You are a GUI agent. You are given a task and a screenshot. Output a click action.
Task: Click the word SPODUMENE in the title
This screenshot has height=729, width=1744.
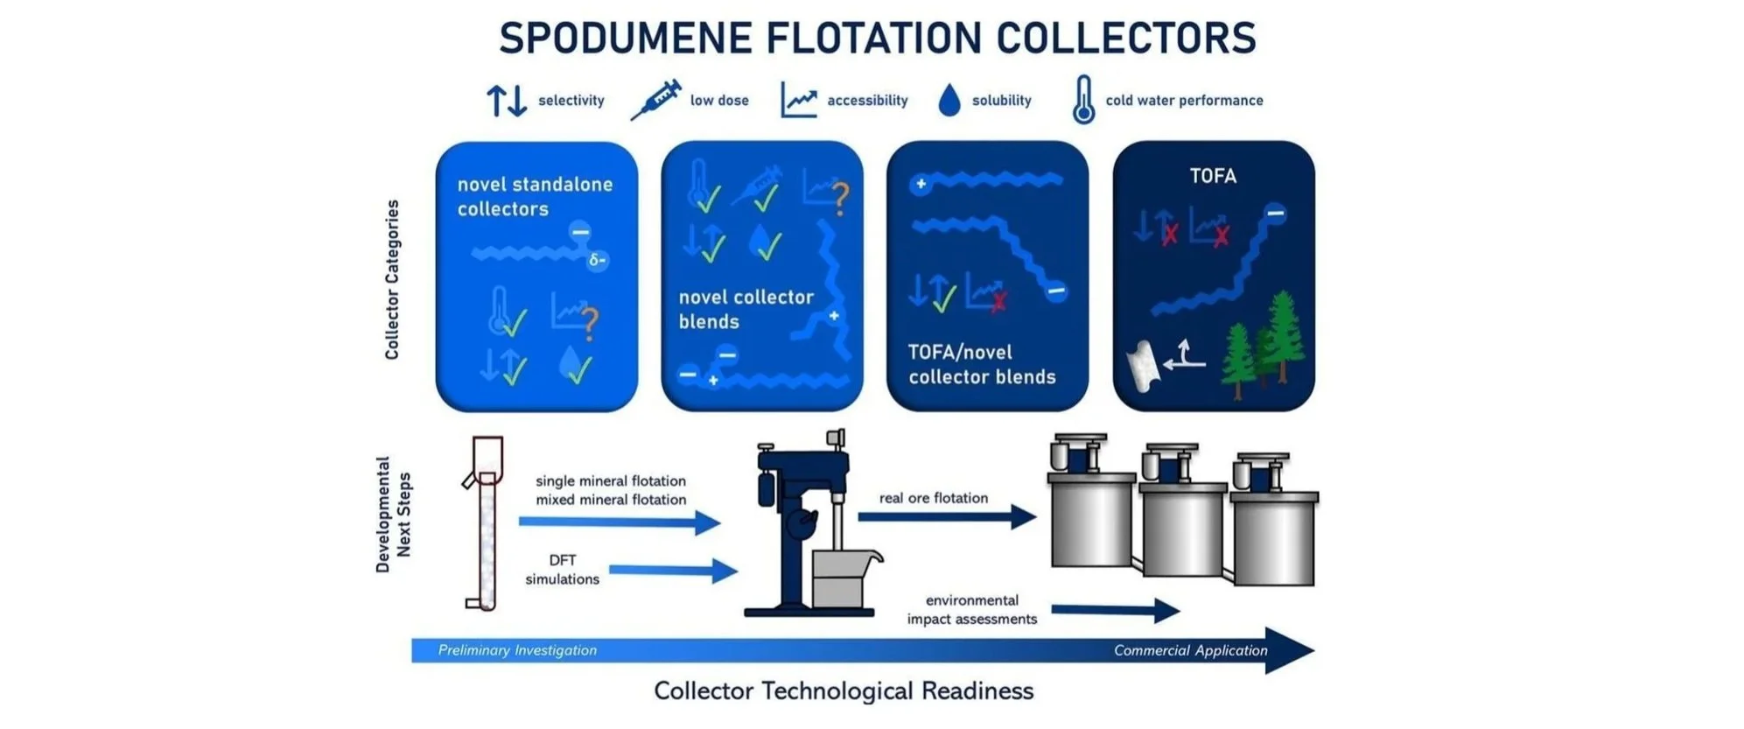tap(625, 39)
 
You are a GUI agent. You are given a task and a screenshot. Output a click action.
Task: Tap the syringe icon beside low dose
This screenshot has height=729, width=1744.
tap(655, 99)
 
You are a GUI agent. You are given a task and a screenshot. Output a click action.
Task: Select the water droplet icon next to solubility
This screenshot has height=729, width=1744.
tap(949, 101)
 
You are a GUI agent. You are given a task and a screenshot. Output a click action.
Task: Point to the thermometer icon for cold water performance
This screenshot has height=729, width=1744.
tap(1083, 99)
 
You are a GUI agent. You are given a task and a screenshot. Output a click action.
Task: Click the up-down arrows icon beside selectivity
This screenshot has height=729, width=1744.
tap(507, 101)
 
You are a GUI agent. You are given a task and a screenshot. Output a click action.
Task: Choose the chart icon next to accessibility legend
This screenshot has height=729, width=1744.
tap(798, 101)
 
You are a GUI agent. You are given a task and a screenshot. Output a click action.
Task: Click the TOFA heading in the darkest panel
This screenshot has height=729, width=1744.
tap(1212, 176)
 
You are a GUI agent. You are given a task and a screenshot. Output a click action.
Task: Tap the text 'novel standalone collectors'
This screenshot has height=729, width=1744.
tap(534, 197)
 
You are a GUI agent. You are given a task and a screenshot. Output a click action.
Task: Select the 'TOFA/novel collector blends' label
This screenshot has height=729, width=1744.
tap(981, 364)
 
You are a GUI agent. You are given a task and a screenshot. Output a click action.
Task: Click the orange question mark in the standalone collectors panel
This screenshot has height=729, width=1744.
tap(590, 323)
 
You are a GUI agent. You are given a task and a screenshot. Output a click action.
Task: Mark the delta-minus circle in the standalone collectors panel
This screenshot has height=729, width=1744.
tap(598, 260)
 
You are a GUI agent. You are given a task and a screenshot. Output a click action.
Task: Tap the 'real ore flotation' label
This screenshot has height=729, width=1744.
tap(933, 498)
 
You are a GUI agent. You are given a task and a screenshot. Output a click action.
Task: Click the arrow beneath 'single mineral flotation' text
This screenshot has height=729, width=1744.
tap(619, 522)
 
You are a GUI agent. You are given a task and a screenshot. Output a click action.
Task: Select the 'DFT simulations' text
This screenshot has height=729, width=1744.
tap(562, 570)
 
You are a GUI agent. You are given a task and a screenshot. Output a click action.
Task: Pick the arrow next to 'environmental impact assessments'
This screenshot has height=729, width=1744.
tap(1115, 610)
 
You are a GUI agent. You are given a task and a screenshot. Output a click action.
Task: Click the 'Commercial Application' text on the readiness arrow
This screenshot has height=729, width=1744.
tap(1189, 650)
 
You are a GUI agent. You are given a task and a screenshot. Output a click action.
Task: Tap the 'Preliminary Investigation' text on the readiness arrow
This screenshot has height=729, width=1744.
tap(517, 650)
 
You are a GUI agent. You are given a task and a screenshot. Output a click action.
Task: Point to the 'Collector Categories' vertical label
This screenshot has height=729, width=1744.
tap(392, 279)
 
